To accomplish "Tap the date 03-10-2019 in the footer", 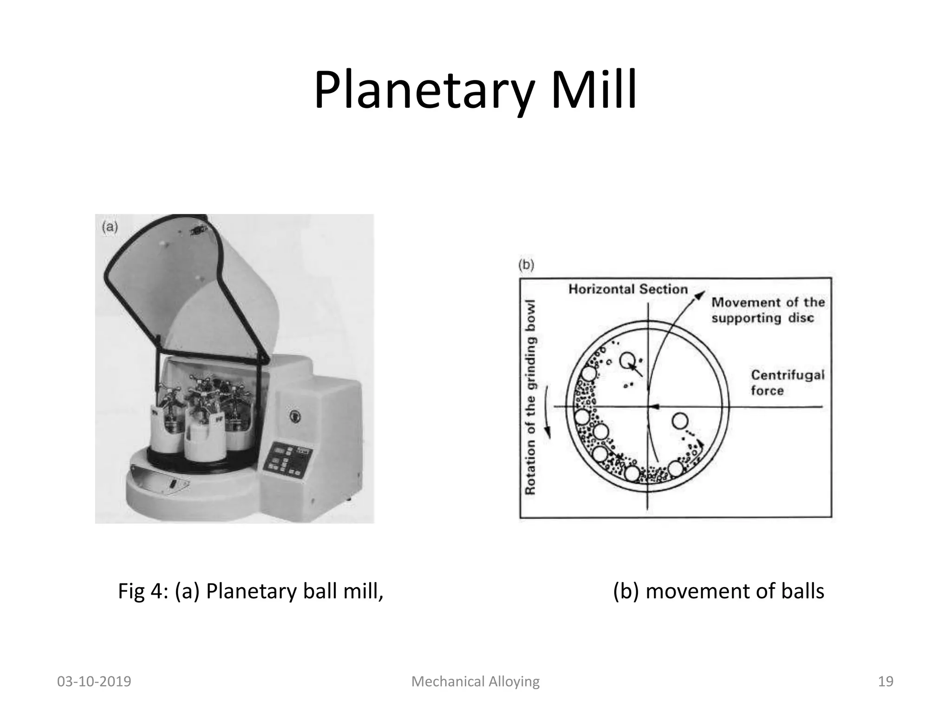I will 94,681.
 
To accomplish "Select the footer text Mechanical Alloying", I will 475,681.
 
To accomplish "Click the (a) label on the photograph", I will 110,227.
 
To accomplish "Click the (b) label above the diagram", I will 526,265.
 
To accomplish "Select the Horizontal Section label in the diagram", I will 628,289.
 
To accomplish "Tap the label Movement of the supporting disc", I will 768,310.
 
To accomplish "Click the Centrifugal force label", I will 788,383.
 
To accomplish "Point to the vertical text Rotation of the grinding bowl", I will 530,397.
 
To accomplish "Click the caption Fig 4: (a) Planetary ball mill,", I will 251,591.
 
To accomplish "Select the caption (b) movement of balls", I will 718,591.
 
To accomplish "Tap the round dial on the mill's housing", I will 293,415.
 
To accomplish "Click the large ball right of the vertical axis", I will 680,421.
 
